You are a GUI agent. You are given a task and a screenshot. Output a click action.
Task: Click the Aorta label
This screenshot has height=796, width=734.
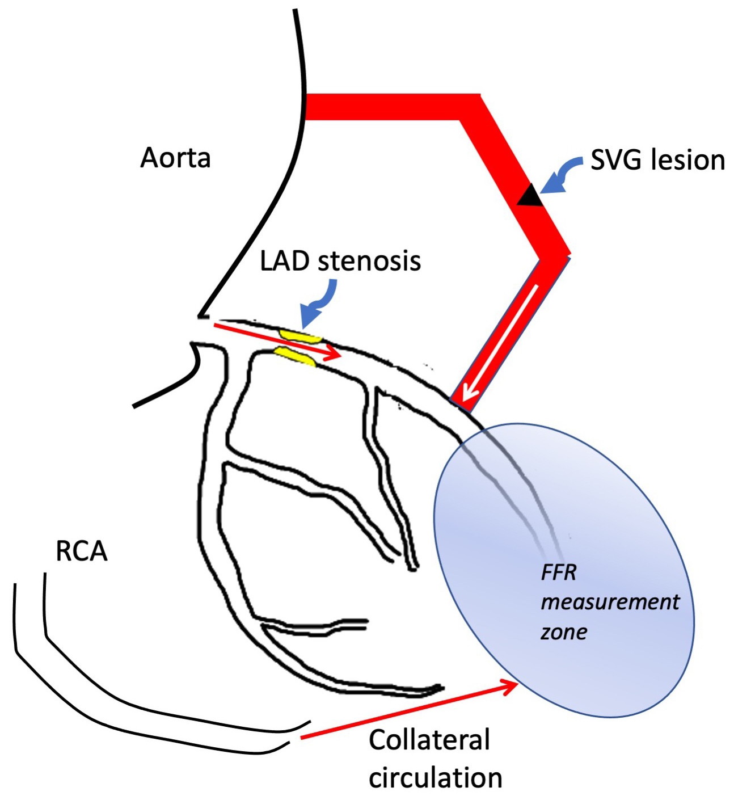(x=175, y=158)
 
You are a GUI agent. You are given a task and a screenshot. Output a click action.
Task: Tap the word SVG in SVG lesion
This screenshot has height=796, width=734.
(x=617, y=161)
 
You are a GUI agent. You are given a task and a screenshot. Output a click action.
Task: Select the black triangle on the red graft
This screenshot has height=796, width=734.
(x=529, y=195)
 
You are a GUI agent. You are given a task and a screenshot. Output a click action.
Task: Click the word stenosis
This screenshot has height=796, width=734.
(x=369, y=261)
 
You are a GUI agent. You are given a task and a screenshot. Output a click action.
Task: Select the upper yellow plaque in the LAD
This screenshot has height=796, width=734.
(x=299, y=336)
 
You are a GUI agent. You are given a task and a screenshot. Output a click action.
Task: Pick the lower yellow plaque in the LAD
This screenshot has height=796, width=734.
(x=294, y=356)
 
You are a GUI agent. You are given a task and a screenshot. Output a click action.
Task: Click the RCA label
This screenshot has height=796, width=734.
(x=82, y=550)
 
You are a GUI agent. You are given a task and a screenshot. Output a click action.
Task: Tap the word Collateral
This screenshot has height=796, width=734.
(x=429, y=740)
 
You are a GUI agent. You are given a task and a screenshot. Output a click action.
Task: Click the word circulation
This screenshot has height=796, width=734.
(x=436, y=777)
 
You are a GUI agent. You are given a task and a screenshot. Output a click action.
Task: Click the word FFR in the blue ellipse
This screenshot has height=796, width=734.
(x=558, y=572)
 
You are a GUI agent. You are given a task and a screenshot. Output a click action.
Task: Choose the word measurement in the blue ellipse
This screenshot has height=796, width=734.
(x=610, y=601)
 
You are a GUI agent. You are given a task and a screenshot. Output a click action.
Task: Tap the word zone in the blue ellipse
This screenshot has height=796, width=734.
(x=564, y=631)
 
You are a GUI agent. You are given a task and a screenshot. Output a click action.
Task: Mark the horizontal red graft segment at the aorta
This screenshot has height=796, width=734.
(x=386, y=107)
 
